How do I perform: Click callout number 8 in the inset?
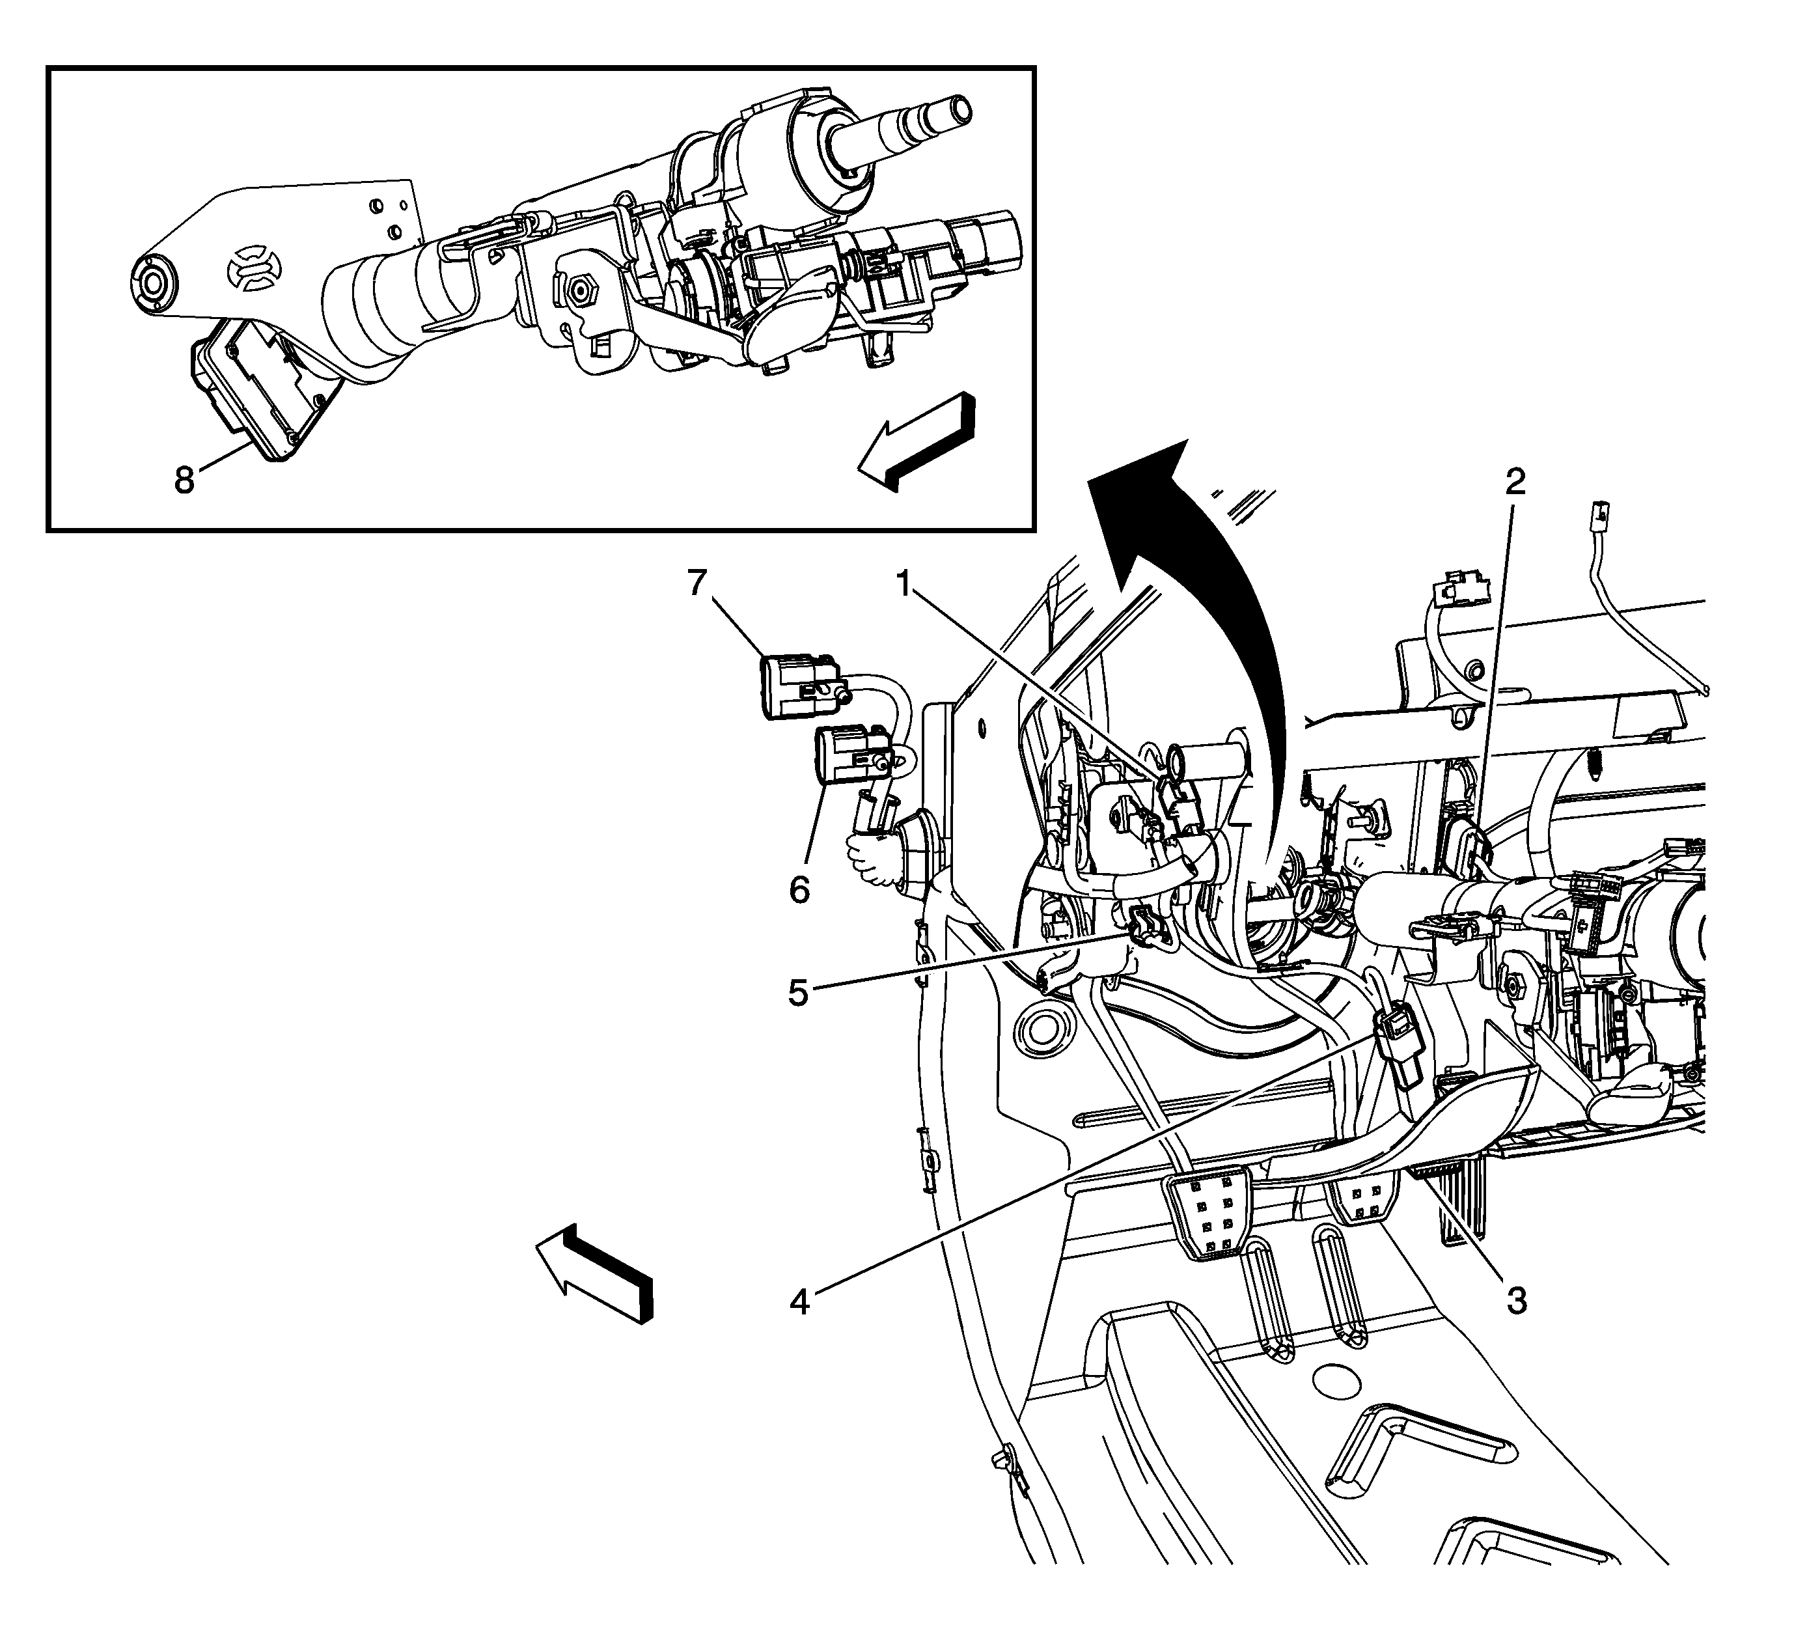point(184,480)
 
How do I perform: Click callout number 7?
point(696,584)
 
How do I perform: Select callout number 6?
point(800,888)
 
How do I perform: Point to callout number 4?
point(800,1303)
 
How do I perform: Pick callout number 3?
point(1516,1301)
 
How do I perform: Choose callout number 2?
point(1515,482)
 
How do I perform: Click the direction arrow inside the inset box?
point(917,441)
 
